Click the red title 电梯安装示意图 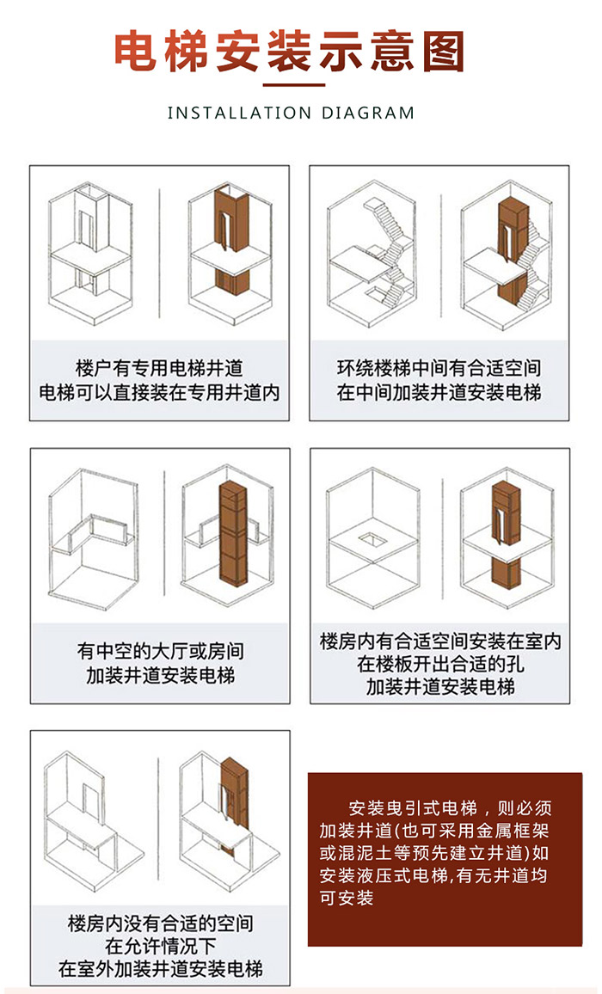pos(289,52)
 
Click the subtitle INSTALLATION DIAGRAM pos(291,114)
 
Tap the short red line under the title pos(294,85)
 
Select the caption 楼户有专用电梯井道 pos(159,368)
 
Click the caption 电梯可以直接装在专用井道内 pos(159,392)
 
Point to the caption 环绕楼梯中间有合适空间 pos(439,368)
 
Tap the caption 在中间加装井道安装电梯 pos(439,392)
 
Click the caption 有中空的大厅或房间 pos(161,651)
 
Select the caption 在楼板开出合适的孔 pos(440,664)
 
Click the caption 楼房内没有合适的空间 pos(161,923)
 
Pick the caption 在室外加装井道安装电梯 pos(161,969)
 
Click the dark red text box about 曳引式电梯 pos(445,859)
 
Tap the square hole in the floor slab pos(372,539)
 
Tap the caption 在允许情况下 pos(161,946)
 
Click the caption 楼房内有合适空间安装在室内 pos(440,641)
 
